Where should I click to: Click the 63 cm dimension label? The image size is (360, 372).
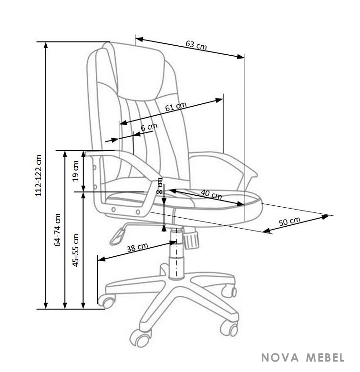pos(196,45)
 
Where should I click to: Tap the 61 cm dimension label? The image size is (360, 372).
pos(176,107)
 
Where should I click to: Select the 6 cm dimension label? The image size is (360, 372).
pos(149,127)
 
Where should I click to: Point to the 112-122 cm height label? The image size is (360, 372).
pos(38,176)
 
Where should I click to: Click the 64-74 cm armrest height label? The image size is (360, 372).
pos(58,230)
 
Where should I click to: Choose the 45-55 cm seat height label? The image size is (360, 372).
pos(75,250)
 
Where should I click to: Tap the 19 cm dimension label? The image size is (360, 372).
pos(75,171)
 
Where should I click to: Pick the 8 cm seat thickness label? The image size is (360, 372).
pos(160,186)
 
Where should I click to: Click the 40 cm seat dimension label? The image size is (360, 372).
pos(211,194)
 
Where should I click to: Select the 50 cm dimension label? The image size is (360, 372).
pos(289,221)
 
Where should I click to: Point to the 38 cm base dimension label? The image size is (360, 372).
pos(137,247)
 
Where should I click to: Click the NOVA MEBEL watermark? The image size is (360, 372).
pos(303,358)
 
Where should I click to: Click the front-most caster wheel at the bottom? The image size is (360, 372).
pos(141,338)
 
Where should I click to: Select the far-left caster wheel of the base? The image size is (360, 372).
pos(107,302)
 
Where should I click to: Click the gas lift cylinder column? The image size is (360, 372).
pos(176,254)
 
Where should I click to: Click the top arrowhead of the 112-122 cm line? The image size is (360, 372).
pos(46,45)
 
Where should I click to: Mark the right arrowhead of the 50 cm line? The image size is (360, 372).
pos(326,216)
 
